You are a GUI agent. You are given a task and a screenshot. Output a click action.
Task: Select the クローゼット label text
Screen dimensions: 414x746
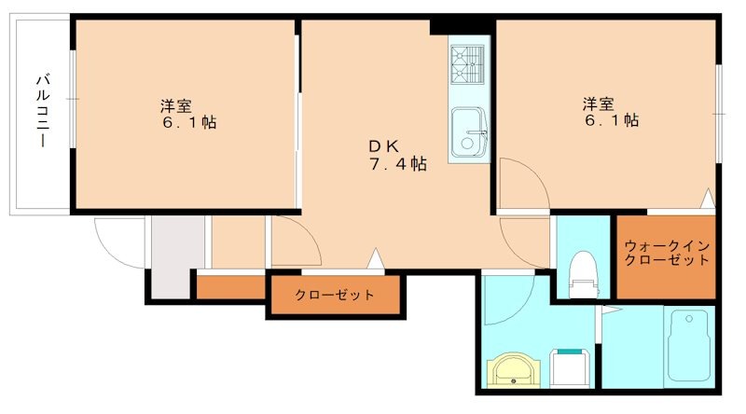[x=335, y=296]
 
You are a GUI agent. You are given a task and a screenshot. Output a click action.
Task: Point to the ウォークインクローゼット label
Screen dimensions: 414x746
[x=667, y=253]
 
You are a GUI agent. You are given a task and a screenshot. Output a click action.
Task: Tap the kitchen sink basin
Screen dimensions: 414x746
[x=467, y=132]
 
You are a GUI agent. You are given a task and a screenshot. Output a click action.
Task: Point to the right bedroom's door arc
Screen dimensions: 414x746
[x=522, y=182]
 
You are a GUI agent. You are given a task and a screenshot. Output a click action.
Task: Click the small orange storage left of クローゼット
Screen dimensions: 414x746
[x=231, y=287]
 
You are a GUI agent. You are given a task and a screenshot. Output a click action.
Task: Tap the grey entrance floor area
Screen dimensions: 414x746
[x=176, y=256]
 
